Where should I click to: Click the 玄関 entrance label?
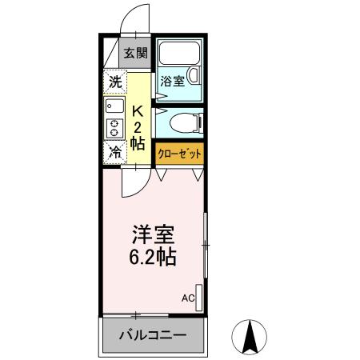(136, 54)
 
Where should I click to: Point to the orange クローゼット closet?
(179, 153)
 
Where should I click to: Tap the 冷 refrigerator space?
(114, 150)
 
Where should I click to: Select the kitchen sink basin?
(112, 105)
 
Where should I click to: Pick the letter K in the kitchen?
(137, 110)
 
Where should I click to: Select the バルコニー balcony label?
(154, 335)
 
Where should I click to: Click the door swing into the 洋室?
(132, 182)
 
